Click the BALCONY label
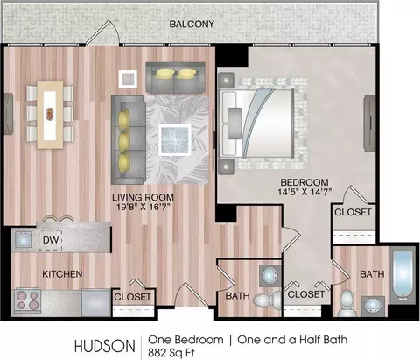[x=192, y=24]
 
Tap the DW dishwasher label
[x=51, y=240]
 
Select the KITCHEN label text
[x=62, y=274]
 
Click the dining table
[x=50, y=115]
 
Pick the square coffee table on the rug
[x=175, y=140]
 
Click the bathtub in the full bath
[x=402, y=275]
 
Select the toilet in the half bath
[x=266, y=300]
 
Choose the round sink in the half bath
[x=270, y=275]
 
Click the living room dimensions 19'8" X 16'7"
[x=143, y=207]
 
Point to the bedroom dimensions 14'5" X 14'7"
[x=304, y=192]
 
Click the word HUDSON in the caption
[x=105, y=346]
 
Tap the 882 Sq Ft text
[x=171, y=352]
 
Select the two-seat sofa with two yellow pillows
[x=175, y=78]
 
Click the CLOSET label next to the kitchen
[x=132, y=297]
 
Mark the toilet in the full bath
[x=346, y=303]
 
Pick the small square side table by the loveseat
[x=128, y=79]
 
